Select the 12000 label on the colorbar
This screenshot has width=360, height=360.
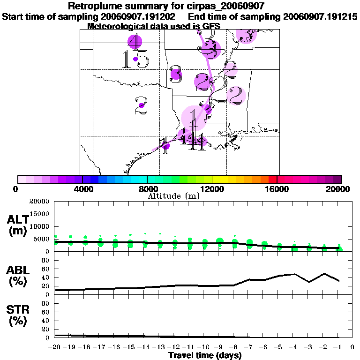click(212, 189)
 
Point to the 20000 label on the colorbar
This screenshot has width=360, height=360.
click(338, 189)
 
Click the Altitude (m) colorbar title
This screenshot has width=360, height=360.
click(173, 196)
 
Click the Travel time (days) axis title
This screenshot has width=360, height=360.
click(205, 355)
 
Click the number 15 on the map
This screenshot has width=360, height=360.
click(135, 60)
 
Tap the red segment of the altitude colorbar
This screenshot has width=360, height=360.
click(272, 179)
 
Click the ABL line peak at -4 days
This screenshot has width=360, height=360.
click(294, 274)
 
